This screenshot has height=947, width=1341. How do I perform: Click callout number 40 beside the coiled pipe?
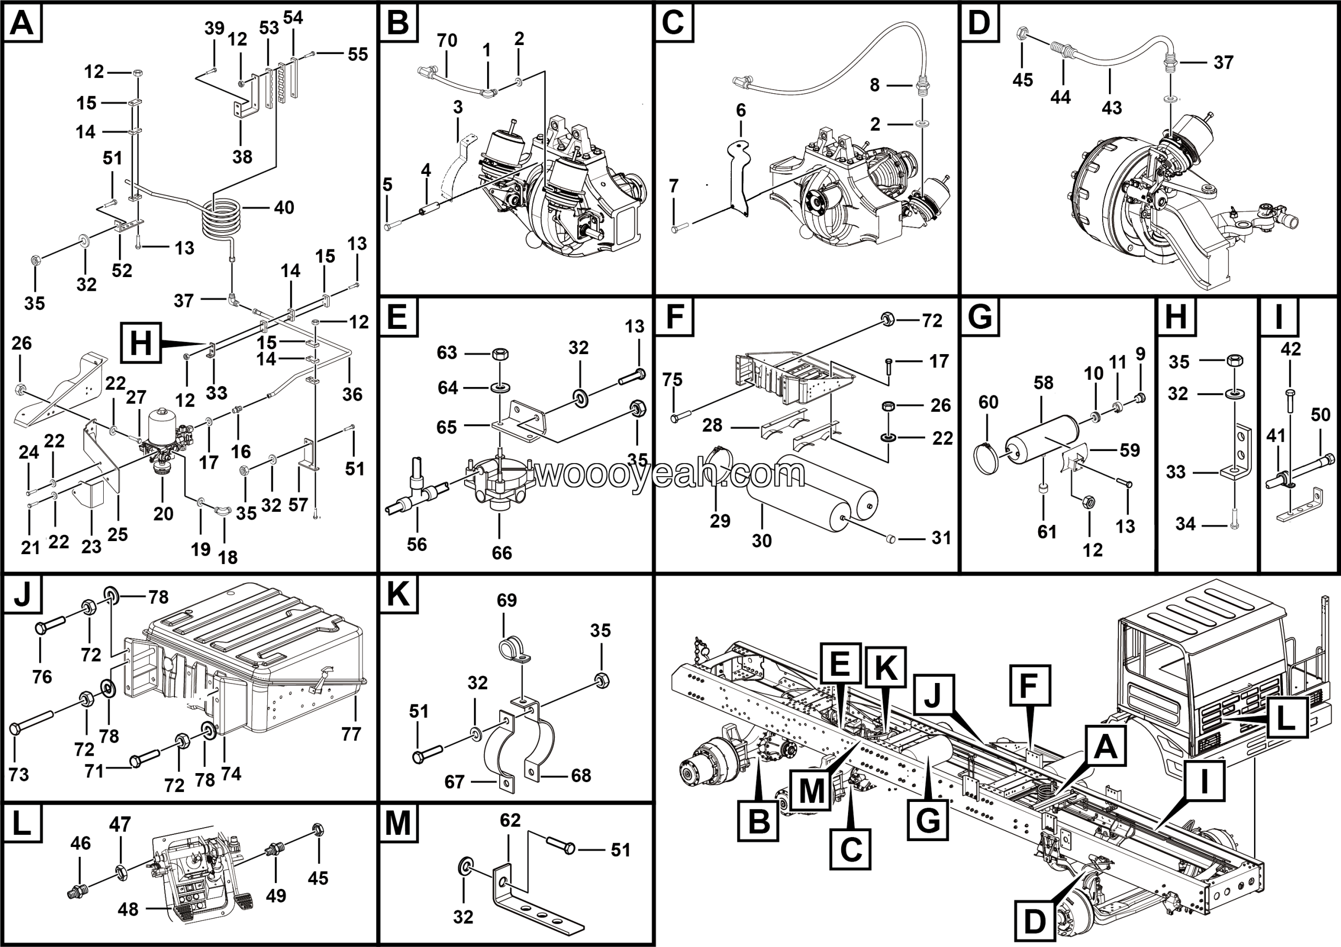tap(284, 208)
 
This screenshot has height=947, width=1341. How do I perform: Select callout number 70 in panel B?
tap(447, 41)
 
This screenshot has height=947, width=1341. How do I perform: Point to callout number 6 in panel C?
tap(741, 111)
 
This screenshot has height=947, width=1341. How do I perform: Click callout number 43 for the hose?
tap(1112, 108)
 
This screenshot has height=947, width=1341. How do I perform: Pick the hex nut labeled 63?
tap(501, 354)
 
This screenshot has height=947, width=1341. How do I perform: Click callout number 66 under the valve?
tap(502, 552)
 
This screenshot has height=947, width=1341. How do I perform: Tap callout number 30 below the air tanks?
tap(762, 541)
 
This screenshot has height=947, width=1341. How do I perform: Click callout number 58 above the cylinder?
tap(1043, 383)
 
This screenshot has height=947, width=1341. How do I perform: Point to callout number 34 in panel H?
tap(1185, 524)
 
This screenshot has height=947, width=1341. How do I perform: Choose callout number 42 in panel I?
tap(1291, 349)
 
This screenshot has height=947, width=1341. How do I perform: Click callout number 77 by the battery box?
tap(351, 734)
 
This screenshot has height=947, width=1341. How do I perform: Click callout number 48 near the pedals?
tap(128, 909)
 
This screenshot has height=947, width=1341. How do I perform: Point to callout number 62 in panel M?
tap(510, 820)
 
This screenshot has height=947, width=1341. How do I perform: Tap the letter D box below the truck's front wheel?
tap(1035, 922)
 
